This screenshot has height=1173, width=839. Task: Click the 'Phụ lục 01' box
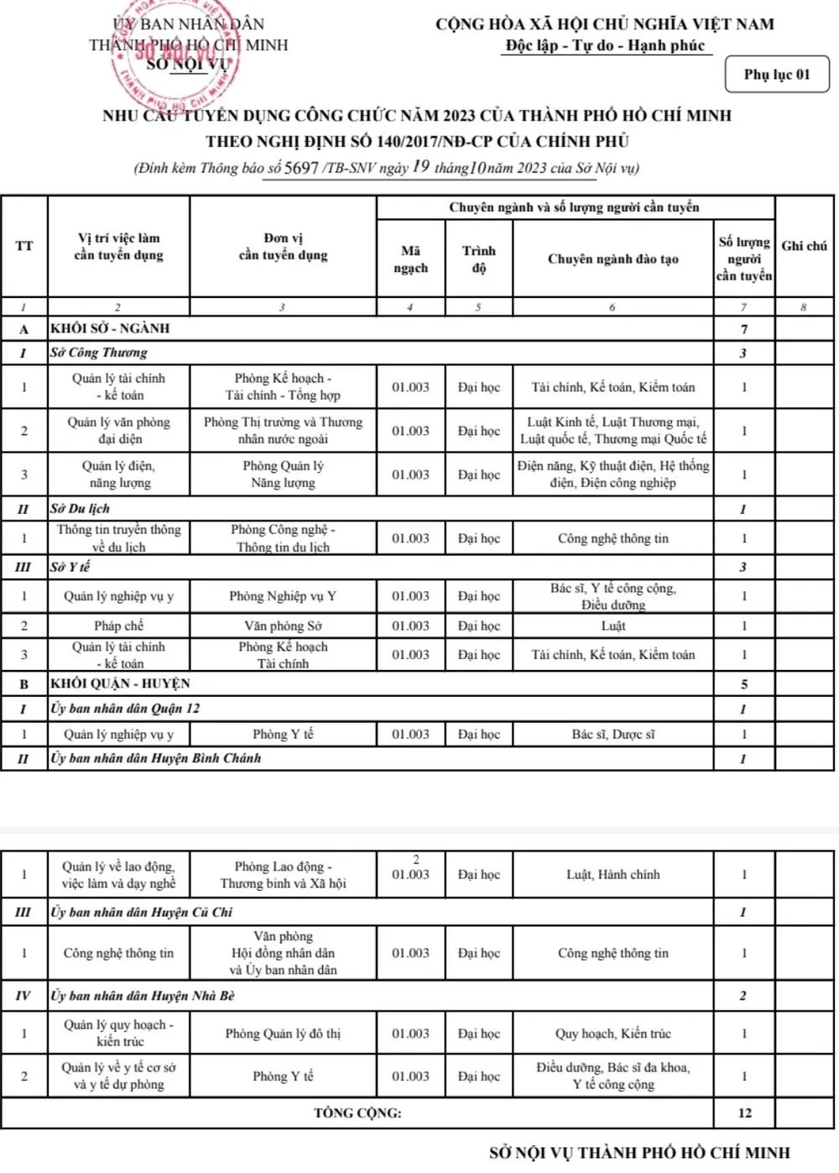tap(777, 75)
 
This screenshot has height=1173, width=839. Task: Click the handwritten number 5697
tap(301, 167)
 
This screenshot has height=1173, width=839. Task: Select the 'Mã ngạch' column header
tap(410, 259)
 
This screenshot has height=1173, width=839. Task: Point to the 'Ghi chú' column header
tap(804, 246)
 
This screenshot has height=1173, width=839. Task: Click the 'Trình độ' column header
tap(478, 259)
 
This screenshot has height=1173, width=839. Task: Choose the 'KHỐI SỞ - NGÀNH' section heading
tap(110, 328)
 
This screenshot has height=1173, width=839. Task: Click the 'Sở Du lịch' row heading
tap(80, 509)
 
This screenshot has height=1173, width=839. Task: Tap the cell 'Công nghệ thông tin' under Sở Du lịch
tap(612, 538)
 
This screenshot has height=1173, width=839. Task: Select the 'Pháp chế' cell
tap(118, 626)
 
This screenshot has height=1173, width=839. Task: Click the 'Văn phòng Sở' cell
tap(283, 626)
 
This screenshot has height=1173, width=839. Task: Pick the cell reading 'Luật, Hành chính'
tap(612, 874)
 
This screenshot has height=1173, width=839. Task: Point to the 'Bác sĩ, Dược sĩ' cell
tap(612, 734)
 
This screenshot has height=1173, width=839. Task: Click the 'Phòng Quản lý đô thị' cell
tap(283, 1034)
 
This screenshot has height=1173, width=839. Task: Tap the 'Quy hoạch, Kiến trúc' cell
tap(612, 1034)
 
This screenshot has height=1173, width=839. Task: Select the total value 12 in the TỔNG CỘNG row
tap(744, 1113)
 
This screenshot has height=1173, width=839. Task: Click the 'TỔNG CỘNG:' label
tap(357, 1113)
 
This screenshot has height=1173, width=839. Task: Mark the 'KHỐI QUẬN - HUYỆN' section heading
tap(120, 683)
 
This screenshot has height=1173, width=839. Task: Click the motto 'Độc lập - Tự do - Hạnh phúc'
tap(605, 45)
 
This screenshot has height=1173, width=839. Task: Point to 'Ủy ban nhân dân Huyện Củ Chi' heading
tap(141, 912)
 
